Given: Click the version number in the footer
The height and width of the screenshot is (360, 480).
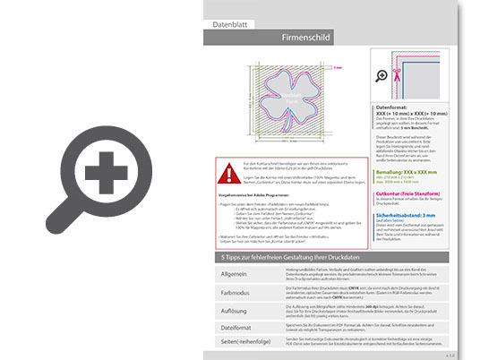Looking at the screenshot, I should pos(458,356).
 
